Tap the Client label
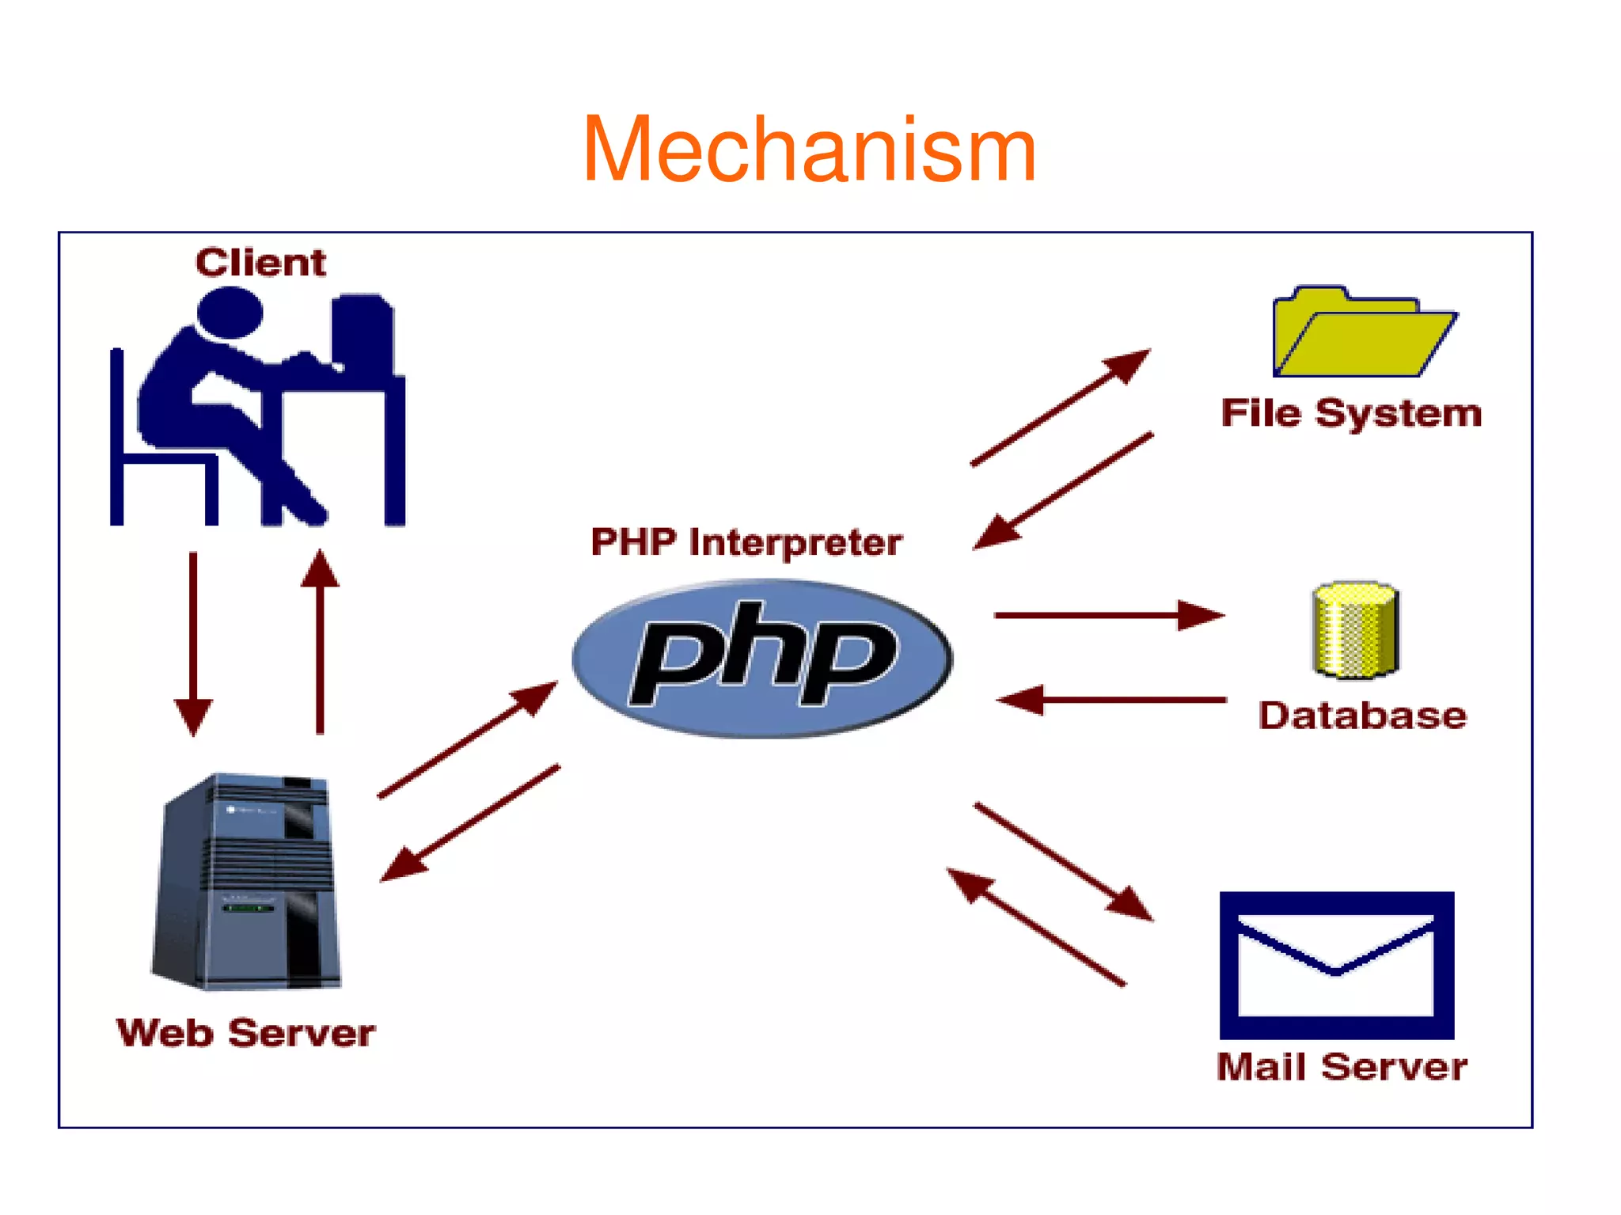coord(260,262)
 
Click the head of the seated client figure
coord(230,312)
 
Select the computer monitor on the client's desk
coord(363,332)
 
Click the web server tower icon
coord(247,882)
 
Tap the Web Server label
coord(245,1033)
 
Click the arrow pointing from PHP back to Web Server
coord(470,822)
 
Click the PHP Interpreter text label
coord(746,542)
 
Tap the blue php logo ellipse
coord(761,659)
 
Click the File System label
coord(1350,413)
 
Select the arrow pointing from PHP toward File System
coord(1061,407)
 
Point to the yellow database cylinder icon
coord(1355,630)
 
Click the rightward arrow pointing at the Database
coord(1108,614)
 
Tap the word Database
coord(1362,716)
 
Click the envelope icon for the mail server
coord(1336,964)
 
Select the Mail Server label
coord(1342,1067)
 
